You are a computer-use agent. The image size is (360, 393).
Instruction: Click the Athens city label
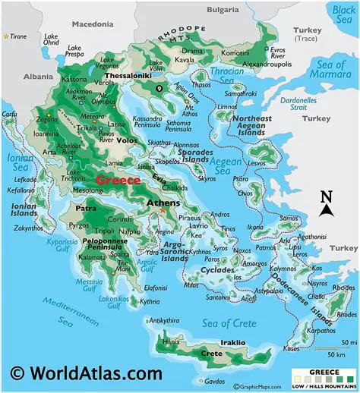pos(163,203)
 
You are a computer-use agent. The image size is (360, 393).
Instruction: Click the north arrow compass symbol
pos(327,203)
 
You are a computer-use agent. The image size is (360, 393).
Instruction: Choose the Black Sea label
pos(343,13)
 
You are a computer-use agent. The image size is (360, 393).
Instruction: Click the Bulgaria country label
pos(223,10)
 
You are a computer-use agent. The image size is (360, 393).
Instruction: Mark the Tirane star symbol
pos(7,36)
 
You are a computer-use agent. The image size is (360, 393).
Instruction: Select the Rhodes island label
pos(343,288)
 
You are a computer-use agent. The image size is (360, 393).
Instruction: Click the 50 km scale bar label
pos(337,354)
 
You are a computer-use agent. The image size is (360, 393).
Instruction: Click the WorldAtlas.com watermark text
pos(87,373)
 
